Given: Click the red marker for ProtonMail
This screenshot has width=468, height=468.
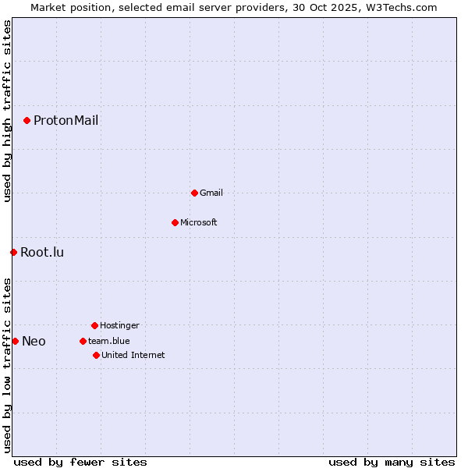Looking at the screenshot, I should click(27, 120).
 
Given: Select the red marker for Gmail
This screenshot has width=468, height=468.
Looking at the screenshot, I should click(194, 193).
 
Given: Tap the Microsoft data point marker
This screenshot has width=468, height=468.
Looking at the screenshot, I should click(175, 222).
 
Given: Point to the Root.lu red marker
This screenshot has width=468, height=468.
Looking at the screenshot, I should click(13, 252).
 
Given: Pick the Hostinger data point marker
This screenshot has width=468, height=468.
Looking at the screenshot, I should click(94, 325).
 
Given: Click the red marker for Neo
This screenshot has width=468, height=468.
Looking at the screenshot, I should click(15, 341).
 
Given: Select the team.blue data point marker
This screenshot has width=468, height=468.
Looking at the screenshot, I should click(83, 341).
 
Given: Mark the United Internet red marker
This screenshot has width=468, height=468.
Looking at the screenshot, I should click(96, 355).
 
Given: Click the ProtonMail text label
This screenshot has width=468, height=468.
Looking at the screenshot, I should click(66, 120).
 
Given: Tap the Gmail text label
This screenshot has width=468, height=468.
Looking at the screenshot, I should click(211, 193).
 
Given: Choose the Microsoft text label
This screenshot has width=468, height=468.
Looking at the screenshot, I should click(199, 222).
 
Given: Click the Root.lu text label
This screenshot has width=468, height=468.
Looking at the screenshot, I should click(42, 252).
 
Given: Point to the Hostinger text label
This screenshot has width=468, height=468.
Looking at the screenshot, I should click(119, 325).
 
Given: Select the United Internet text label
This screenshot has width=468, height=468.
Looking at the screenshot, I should click(133, 355).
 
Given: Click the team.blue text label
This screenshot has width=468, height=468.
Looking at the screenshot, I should click(109, 341).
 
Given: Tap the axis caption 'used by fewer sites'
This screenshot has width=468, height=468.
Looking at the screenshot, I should click(80, 462).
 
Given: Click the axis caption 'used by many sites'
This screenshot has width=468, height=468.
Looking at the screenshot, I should click(392, 462).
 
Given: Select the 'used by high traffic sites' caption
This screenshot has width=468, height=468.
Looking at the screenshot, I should click(8, 111).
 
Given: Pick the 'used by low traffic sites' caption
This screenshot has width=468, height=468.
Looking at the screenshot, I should click(8, 365).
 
